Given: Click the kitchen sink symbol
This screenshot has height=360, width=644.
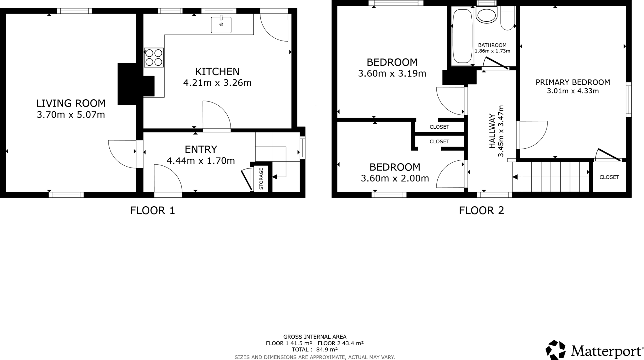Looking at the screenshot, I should click(x=221, y=25).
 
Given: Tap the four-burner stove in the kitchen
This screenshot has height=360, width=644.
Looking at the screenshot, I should click(x=154, y=58).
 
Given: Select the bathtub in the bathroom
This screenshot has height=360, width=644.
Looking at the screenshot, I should click(x=462, y=37).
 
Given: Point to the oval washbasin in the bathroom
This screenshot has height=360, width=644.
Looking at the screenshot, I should click(x=486, y=15).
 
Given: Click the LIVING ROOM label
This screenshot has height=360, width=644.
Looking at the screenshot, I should click(x=71, y=103).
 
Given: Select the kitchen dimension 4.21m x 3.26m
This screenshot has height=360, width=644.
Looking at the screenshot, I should click(x=217, y=83).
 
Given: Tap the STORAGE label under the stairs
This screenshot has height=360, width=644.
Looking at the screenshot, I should click(x=261, y=179).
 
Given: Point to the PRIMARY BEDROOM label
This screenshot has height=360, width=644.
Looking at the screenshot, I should click(x=573, y=82).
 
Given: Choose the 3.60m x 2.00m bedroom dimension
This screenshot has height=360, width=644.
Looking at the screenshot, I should click(x=395, y=179).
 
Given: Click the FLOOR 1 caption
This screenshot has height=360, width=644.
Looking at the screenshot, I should click(x=153, y=210).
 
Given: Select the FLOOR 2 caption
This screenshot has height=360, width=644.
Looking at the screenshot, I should click(x=481, y=210).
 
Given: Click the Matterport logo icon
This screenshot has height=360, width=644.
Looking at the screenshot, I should click(x=556, y=350).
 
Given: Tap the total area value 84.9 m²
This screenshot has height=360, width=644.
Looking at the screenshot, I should click(x=327, y=349).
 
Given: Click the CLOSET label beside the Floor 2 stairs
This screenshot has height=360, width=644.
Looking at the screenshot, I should click(x=609, y=177).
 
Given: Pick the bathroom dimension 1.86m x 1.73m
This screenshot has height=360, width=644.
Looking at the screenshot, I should click(x=492, y=51).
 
